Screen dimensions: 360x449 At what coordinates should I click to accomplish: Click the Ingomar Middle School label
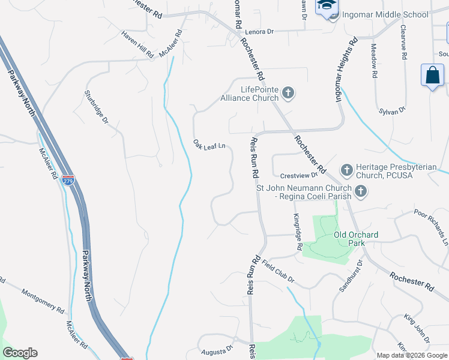[385, 14]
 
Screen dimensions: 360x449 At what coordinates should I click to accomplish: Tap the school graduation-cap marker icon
[328, 5]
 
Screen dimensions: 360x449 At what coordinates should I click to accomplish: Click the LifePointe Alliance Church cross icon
[288, 92]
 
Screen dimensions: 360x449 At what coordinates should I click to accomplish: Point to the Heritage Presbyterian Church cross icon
[346, 170]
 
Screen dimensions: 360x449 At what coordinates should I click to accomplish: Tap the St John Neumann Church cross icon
[360, 191]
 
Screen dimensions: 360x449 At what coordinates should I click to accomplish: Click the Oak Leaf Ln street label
[208, 145]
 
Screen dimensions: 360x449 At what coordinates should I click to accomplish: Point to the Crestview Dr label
[298, 176]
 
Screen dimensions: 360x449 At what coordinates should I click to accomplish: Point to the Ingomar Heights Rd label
[346, 69]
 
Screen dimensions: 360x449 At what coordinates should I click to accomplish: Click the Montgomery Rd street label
[43, 301]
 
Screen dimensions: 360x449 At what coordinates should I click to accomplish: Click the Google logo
[20, 353]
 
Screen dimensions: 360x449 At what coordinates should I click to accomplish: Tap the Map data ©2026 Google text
[412, 355]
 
